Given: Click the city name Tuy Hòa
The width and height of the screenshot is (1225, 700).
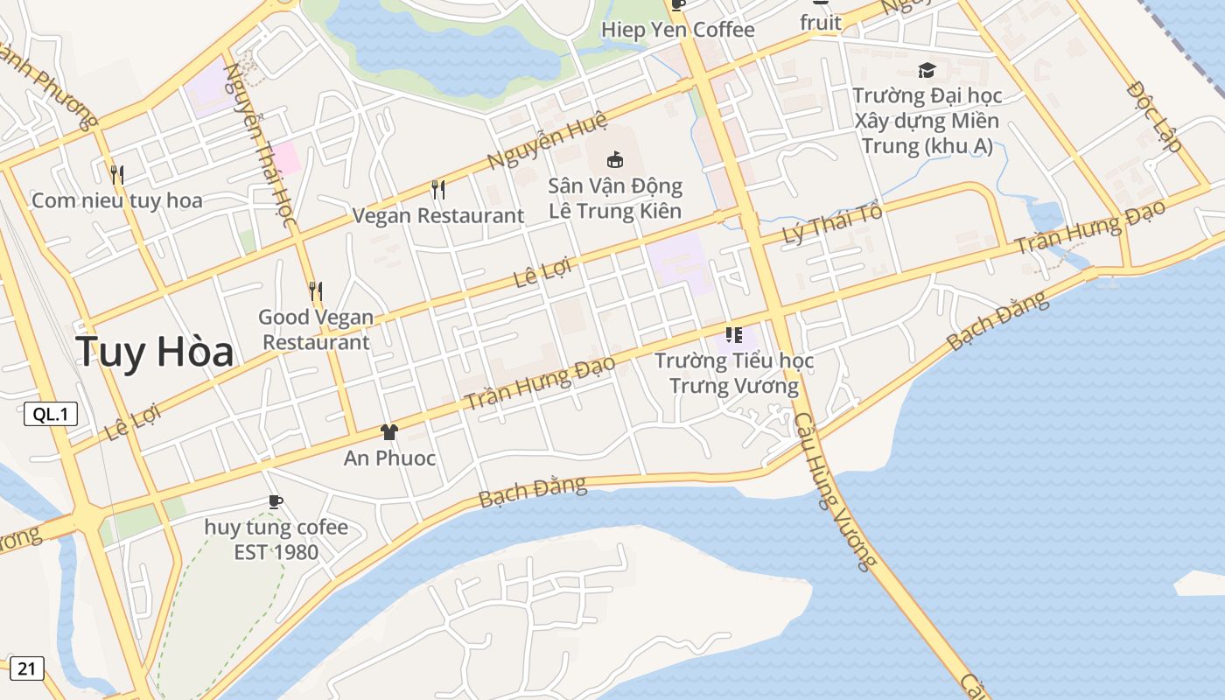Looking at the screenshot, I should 154,352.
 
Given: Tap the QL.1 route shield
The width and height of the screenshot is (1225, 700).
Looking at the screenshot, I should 51,414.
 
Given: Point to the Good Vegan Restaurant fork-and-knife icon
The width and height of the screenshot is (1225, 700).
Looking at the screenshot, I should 316,290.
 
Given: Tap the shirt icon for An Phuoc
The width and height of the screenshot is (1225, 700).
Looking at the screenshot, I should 389,432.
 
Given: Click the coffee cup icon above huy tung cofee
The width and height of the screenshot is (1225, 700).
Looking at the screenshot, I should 276,501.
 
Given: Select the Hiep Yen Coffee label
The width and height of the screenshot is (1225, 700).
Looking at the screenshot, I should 677,30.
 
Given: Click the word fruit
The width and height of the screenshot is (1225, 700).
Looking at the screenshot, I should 820,23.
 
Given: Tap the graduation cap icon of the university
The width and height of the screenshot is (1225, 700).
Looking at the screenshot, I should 927,70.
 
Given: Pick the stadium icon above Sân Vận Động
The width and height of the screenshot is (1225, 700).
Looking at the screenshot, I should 615,159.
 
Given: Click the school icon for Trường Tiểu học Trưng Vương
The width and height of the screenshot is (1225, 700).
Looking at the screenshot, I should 733,334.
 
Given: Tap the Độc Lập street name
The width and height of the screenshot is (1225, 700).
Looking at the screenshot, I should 1155,117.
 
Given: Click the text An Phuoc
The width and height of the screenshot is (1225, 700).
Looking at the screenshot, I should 389,458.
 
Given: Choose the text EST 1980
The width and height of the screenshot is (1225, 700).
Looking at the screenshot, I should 276,553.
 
